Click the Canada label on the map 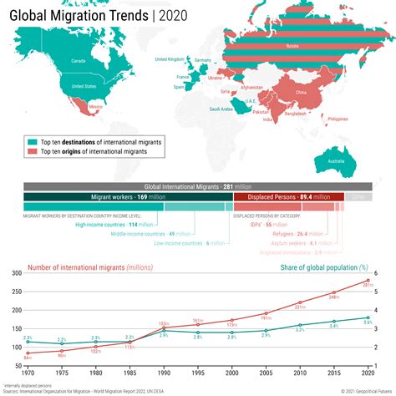[79, 61]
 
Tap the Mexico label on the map [95, 107]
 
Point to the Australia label [336, 160]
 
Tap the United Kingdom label [170, 59]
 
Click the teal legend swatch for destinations [32, 142]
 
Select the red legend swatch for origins [32, 152]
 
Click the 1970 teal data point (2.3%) [28, 341]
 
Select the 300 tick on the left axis [17, 272]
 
